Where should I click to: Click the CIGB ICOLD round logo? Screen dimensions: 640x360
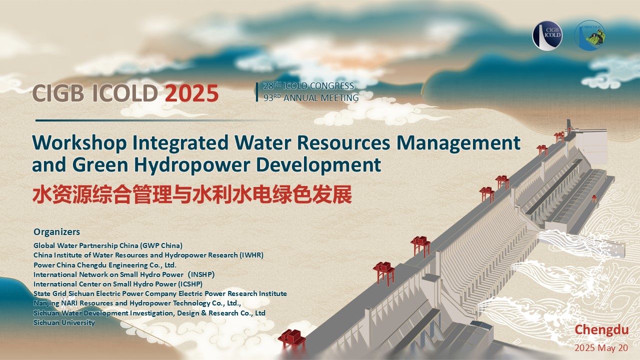tap(547, 35)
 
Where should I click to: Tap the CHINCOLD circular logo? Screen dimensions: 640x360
tap(589, 35)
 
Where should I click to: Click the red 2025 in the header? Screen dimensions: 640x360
tap(191, 93)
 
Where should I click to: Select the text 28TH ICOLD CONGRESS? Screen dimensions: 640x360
tap(308, 85)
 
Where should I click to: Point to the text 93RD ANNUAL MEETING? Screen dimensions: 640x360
tap(311, 97)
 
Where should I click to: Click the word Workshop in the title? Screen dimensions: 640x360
tap(79, 143)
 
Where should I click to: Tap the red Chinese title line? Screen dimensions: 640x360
tap(192, 194)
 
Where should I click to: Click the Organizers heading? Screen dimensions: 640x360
tap(57, 232)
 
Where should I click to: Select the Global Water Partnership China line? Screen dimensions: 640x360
tap(108, 245)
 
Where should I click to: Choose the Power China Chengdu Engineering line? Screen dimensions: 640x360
tap(105, 265)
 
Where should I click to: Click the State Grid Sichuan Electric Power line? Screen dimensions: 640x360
tap(160, 293)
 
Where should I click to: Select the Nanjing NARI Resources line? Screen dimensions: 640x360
tap(137, 303)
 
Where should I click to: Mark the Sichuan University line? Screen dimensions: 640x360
tap(64, 322)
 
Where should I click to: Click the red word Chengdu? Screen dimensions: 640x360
tap(601, 329)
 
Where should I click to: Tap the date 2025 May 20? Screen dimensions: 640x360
tap(601, 348)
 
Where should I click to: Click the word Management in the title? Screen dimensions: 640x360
tap(458, 143)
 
